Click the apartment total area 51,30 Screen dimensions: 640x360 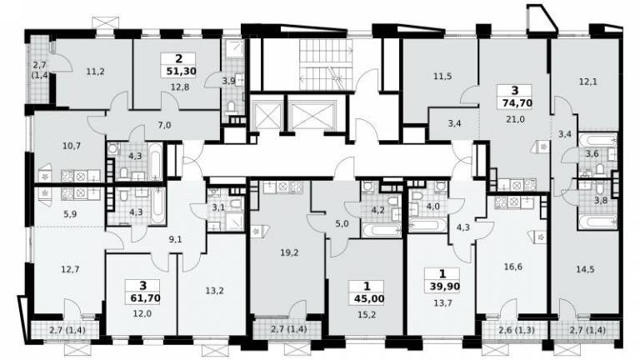[181, 72]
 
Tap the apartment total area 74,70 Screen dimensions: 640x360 [515, 102]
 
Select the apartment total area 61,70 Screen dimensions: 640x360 [145, 298]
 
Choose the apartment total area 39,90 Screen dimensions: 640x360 [444, 287]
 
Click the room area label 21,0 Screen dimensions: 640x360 [515, 119]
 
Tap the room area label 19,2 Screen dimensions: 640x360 [289, 253]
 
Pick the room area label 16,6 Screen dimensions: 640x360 [513, 267]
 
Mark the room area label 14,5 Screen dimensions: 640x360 [585, 269]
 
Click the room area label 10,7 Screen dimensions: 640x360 [72, 146]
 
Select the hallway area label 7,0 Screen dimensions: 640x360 [164, 125]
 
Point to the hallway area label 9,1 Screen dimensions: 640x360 [175, 240]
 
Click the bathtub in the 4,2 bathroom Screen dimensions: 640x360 [381, 230]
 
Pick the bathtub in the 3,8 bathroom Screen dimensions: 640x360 [598, 222]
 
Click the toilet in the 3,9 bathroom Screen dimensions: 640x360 [232, 108]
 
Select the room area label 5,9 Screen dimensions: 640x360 [71, 213]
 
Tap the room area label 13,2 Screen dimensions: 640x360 [214, 291]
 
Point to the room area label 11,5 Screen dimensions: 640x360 [442, 76]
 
